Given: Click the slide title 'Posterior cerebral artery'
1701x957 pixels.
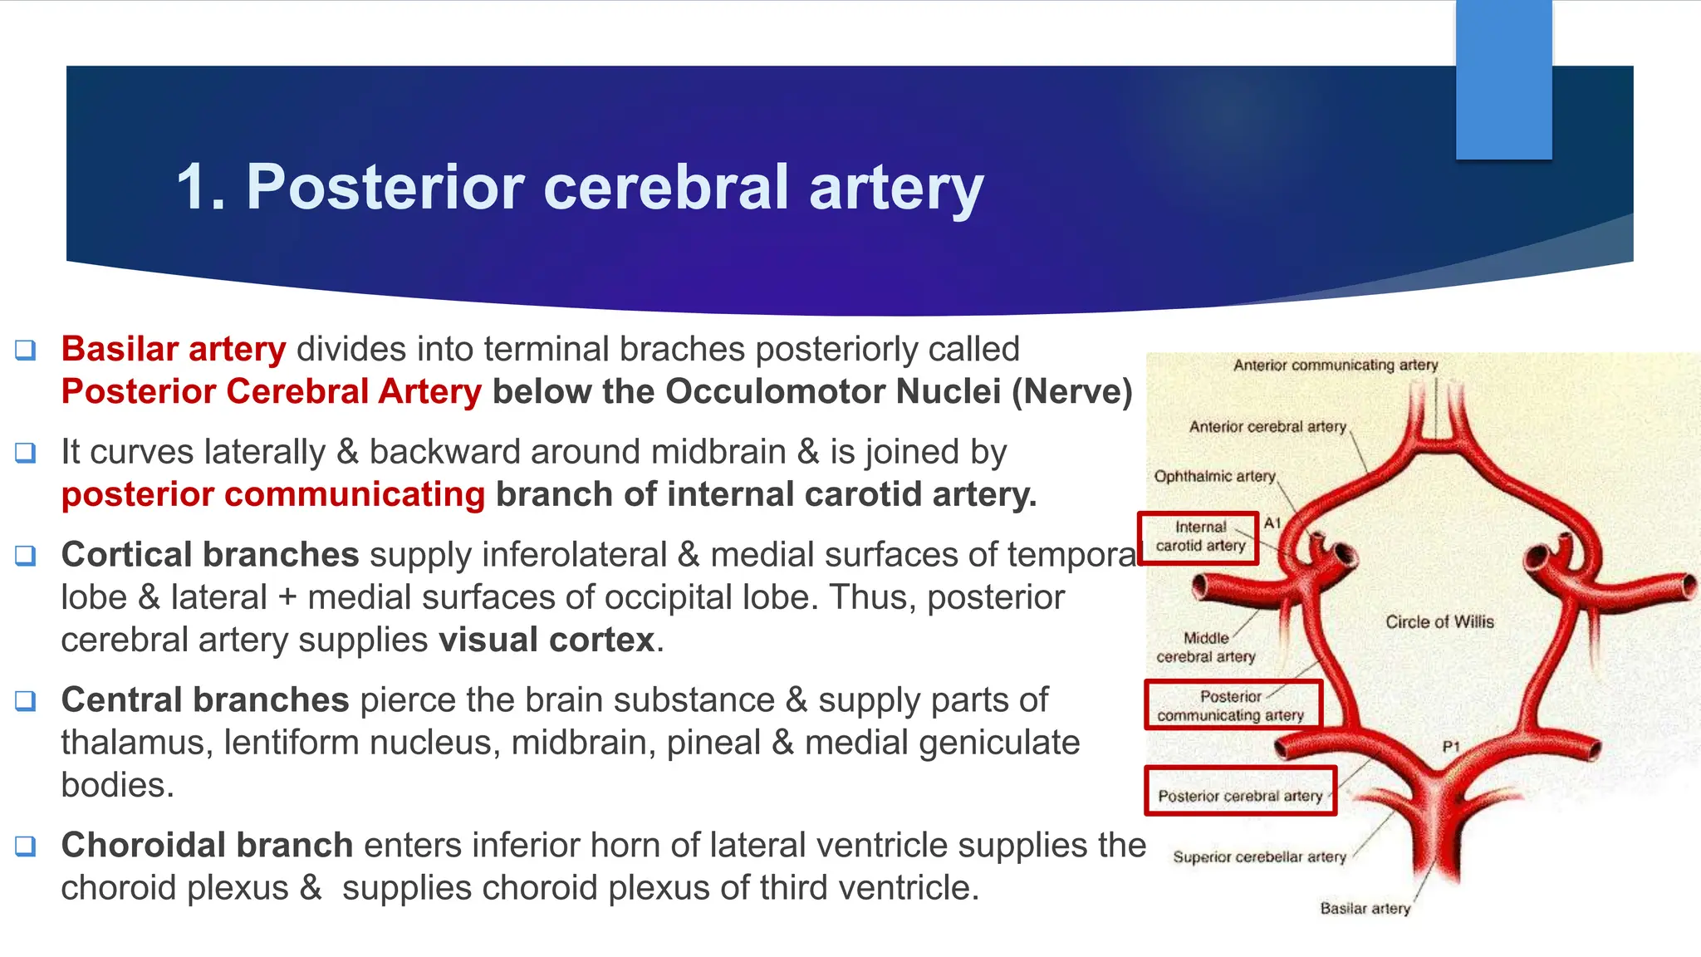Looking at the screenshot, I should [580, 187].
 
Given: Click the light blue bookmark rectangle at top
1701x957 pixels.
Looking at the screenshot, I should [1503, 79].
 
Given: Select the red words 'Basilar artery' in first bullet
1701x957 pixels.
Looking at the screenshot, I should [174, 349].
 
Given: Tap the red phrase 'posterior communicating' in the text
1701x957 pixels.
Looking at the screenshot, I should [273, 494].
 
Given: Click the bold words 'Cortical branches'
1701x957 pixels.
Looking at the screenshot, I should [210, 555].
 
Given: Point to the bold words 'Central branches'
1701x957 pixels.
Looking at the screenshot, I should [205, 699].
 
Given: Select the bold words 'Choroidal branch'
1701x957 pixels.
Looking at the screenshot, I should [208, 845].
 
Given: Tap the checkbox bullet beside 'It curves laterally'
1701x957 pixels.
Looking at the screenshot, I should [26, 453].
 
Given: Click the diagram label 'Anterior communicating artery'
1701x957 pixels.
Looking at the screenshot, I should [1335, 365].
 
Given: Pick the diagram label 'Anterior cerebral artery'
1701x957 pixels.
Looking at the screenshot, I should [1267, 426].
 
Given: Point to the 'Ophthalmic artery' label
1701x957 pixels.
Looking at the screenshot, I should [1214, 476].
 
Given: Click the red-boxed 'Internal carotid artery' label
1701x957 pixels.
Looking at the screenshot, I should [1200, 537].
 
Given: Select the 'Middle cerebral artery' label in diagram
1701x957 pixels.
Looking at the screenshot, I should [1206, 647].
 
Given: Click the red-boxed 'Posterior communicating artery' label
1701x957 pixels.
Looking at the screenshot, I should [1230, 705].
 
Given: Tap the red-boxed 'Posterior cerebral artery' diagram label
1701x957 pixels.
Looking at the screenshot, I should [1240, 796].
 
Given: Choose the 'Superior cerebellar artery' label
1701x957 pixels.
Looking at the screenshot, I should [1259, 856].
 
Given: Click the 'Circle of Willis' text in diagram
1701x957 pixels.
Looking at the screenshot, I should [1439, 621].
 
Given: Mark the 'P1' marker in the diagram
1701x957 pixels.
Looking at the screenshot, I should [1451, 747].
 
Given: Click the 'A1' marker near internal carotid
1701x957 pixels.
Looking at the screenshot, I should [1272, 523].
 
